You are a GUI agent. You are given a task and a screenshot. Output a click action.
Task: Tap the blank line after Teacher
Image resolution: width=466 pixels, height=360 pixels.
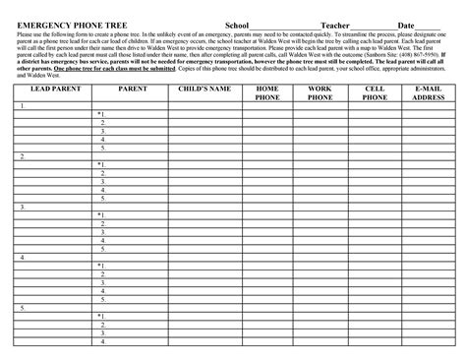point(373,26)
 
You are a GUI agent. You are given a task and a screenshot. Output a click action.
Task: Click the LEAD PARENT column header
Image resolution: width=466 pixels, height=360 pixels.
point(52,89)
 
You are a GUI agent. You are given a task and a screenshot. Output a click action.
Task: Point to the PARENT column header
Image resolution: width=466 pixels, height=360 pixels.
point(132,89)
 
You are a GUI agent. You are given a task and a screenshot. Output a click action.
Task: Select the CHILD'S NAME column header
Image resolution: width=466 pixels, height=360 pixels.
point(205,89)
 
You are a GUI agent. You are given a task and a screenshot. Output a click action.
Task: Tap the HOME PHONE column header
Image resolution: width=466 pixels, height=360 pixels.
point(267,93)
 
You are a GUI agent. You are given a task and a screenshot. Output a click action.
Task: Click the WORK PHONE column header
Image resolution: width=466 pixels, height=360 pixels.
point(320,93)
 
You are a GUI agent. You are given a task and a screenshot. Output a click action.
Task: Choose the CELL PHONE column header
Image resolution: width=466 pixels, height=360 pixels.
point(375,93)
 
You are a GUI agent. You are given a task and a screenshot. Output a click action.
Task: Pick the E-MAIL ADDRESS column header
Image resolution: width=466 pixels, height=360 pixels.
point(429,93)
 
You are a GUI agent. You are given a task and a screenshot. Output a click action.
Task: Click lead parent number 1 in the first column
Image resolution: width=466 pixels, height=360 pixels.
point(21,104)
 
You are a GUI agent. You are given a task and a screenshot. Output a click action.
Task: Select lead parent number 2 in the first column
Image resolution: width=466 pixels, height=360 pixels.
point(21,155)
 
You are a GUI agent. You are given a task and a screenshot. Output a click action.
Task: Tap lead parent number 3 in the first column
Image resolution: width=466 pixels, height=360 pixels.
point(21,207)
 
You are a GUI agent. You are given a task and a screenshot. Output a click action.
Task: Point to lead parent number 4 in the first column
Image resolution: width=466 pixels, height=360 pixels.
point(21,257)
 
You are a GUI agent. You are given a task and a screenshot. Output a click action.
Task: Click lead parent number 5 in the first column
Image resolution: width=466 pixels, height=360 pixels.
point(21,308)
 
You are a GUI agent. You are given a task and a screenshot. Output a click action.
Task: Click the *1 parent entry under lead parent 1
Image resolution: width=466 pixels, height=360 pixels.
point(100,113)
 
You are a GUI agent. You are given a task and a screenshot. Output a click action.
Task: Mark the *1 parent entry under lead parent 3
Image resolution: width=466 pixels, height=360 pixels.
point(100,214)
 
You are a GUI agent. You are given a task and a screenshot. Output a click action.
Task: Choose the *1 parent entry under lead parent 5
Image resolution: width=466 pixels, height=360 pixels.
point(100,316)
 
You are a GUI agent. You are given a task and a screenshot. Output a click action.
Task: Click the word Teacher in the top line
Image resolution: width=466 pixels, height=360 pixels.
point(336,24)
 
